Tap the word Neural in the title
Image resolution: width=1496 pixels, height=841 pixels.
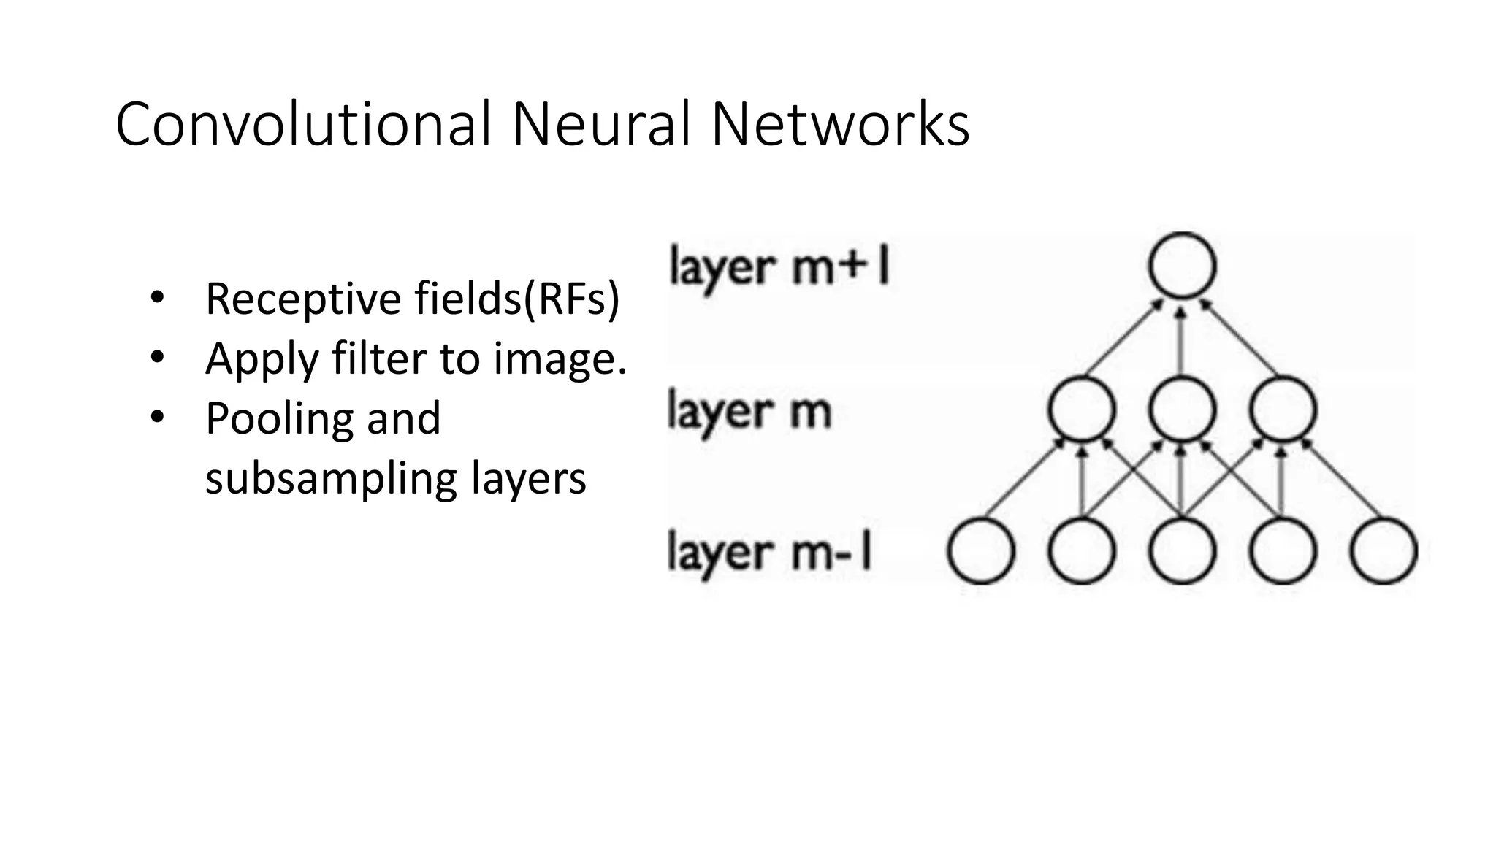600,124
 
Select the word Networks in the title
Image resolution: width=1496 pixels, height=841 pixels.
840,124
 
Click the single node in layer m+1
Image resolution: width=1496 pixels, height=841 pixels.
1182,266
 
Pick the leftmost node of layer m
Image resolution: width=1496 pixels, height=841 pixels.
1081,409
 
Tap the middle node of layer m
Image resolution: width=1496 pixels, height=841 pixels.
1182,409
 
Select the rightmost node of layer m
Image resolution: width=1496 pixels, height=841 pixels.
1283,409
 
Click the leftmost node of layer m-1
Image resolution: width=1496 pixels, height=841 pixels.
981,551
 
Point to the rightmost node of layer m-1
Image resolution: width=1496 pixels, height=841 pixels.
1384,551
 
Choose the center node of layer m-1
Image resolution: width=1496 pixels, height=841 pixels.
1182,551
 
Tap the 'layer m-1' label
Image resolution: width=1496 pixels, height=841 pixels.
770,553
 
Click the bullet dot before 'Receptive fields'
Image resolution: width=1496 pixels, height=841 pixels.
156,298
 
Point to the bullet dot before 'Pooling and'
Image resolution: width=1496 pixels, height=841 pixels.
156,418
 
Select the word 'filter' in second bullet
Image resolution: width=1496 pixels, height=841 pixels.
379,358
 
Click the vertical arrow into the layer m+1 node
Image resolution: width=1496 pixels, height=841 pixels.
1182,339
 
